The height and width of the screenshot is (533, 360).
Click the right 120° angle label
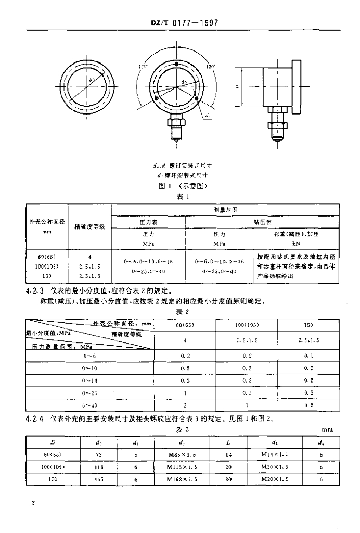(x=211, y=67)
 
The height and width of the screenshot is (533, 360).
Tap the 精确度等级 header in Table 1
(x=91, y=226)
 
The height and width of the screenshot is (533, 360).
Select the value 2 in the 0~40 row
(x=186, y=404)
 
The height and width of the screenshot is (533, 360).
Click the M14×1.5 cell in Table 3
(x=275, y=454)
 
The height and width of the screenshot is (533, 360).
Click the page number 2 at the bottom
(x=33, y=503)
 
